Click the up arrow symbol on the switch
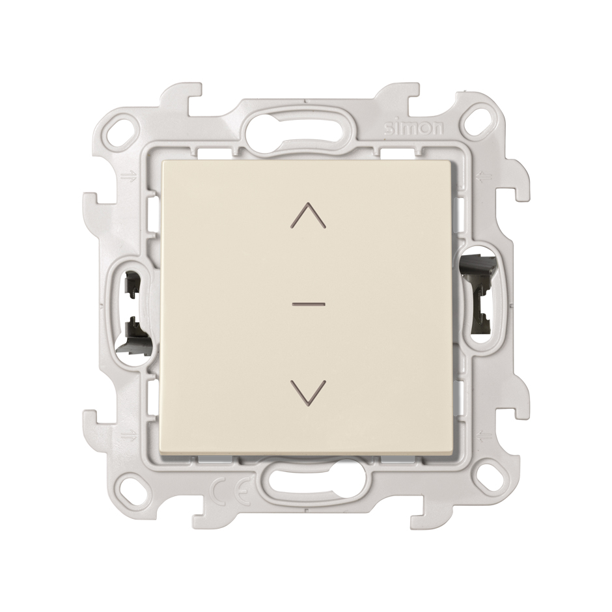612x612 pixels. tap(309, 215)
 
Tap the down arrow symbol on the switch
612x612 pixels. tap(309, 391)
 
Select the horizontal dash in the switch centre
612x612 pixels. tap(309, 303)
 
